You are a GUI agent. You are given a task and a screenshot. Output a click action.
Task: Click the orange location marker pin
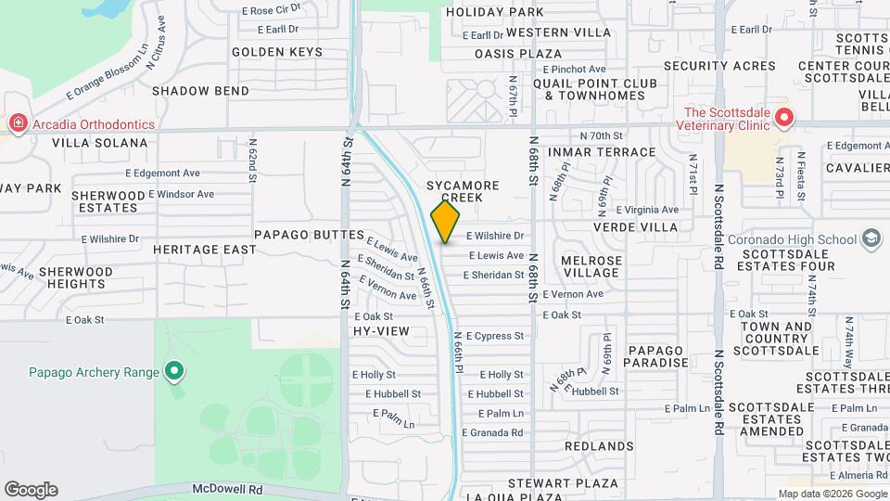click(446, 221)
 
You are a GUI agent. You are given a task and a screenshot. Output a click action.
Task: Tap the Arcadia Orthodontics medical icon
click(17, 123)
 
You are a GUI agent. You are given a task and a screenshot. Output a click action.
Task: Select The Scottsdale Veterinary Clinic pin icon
click(784, 118)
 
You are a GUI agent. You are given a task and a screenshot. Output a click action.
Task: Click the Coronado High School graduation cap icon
click(871, 239)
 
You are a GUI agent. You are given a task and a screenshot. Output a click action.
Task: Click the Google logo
click(31, 490)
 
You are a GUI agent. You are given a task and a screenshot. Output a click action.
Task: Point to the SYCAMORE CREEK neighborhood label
click(463, 192)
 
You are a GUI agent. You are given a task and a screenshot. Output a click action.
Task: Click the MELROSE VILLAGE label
click(591, 266)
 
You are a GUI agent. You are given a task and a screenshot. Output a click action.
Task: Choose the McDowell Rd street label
click(228, 488)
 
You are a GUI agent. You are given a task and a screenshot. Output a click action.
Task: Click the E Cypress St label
click(496, 336)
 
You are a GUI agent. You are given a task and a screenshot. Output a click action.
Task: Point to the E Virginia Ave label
click(647, 211)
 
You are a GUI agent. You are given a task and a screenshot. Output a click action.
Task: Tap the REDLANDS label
click(598, 446)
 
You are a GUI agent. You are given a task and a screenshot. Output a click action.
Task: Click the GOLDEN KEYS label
click(277, 52)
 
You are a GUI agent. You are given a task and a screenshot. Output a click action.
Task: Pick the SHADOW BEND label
click(200, 91)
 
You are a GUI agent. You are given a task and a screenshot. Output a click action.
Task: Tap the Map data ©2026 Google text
click(830, 494)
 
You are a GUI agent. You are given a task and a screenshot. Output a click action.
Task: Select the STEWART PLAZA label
click(563, 483)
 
